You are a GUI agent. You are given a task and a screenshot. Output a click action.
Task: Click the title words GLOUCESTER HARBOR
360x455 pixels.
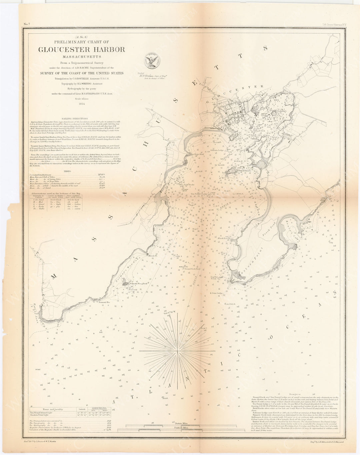click(x=82, y=50)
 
